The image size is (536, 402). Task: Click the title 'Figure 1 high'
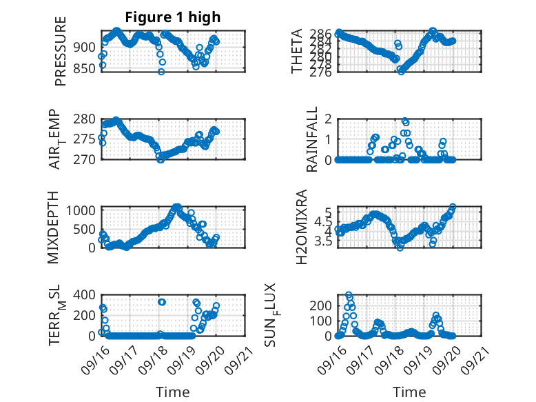click(x=173, y=17)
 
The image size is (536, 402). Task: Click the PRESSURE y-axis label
click(x=61, y=55)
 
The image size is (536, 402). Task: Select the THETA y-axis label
click(x=297, y=52)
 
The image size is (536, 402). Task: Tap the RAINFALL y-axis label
click(x=312, y=139)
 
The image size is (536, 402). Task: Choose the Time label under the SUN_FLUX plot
click(x=409, y=392)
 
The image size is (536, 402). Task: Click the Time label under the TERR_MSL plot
click(x=173, y=392)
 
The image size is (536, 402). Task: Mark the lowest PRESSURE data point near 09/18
click(x=161, y=71)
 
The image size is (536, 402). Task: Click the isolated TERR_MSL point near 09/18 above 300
click(x=162, y=302)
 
